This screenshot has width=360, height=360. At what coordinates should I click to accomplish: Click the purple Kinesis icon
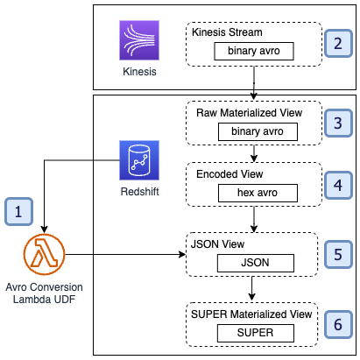139,40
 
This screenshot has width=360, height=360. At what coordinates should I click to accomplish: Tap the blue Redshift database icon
139,160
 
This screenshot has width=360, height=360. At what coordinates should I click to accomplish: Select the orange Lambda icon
44,254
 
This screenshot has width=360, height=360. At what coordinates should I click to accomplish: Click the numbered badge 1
18,212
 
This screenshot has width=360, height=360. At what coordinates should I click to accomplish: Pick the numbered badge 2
338,44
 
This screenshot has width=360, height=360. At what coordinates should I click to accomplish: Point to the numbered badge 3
338,124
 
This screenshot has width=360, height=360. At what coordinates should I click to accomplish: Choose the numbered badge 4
338,186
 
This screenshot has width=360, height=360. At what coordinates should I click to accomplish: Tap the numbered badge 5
338,255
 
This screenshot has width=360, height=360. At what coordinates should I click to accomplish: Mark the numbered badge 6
338,325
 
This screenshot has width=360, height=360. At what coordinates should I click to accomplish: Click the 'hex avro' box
258,193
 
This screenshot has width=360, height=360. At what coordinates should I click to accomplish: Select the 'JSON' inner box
256,263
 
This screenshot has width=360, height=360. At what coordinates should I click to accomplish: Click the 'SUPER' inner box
256,333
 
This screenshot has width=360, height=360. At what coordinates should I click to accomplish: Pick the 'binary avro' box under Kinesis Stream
254,51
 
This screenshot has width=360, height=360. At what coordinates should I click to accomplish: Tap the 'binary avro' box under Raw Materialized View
258,131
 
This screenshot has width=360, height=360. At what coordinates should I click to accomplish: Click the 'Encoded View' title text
229,174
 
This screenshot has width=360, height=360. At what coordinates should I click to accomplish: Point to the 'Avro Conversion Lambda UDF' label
44,293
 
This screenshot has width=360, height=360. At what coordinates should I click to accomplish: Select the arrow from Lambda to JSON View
125,254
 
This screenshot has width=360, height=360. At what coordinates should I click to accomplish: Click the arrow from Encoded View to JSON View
254,219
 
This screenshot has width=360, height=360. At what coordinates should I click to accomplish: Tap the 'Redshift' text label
139,192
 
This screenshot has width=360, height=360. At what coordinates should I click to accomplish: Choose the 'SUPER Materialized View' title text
251,314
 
